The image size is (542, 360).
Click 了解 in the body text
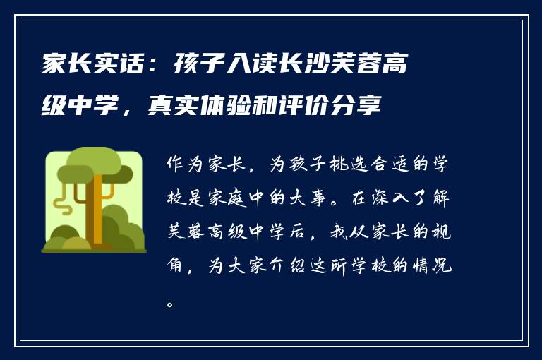tap(440, 200)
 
